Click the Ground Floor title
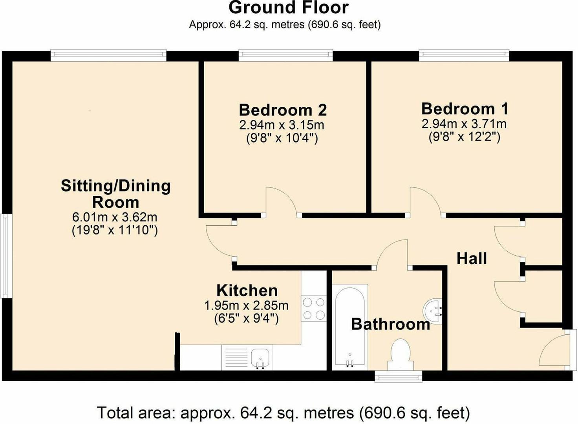[288, 8]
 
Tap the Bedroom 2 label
[283, 110]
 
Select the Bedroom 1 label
[465, 108]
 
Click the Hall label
[472, 259]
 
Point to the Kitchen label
[247, 291]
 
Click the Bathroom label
[390, 324]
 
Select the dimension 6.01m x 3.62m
[115, 217]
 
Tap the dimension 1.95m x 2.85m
[246, 305]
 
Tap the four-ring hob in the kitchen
[314, 309]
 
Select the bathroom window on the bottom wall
[398, 377]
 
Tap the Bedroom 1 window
[464, 55]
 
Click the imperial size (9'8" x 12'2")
[464, 137]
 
